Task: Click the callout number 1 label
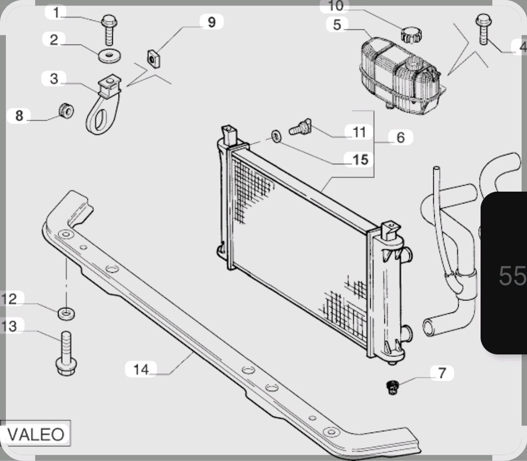pyautogui.click(x=56, y=13)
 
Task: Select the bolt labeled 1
pyautogui.click(x=109, y=29)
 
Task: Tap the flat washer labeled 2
pyautogui.click(x=110, y=55)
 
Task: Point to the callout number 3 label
pyautogui.click(x=54, y=79)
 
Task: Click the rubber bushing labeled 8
pyautogui.click(x=66, y=110)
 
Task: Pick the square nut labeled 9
pyautogui.click(x=153, y=59)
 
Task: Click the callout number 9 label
pyautogui.click(x=212, y=22)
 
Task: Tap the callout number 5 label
pyautogui.click(x=337, y=25)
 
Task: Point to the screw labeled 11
pyautogui.click(x=300, y=127)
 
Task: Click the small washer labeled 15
pyautogui.click(x=276, y=136)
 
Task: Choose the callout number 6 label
pyautogui.click(x=400, y=138)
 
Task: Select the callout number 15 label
pyautogui.click(x=360, y=160)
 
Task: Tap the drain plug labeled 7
pyautogui.click(x=392, y=387)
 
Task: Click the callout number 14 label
pyautogui.click(x=141, y=369)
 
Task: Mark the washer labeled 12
pyautogui.click(x=66, y=314)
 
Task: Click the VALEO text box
pyautogui.click(x=36, y=434)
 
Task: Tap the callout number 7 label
pyautogui.click(x=442, y=373)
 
